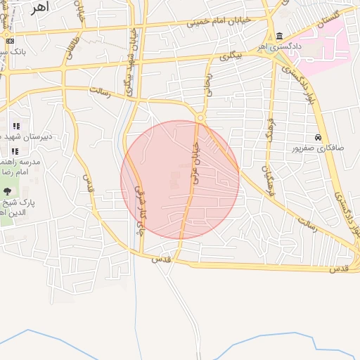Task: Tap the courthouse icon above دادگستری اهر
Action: pyautogui.click(x=280, y=37)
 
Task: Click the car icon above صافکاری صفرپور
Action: pyautogui.click(x=319, y=137)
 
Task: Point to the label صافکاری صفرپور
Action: pyautogui.click(x=318, y=148)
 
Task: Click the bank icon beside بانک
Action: pyautogui.click(x=10, y=41)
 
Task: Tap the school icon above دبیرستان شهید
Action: pyautogui.click(x=16, y=127)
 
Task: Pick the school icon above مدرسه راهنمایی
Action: pyautogui.click(x=16, y=151)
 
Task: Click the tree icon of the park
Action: pyautogui.click(x=8, y=191)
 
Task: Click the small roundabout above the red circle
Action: pyautogui.click(x=200, y=117)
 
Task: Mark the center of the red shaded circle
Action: pyautogui.click(x=180, y=179)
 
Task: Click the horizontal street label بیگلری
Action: pyautogui.click(x=229, y=56)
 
